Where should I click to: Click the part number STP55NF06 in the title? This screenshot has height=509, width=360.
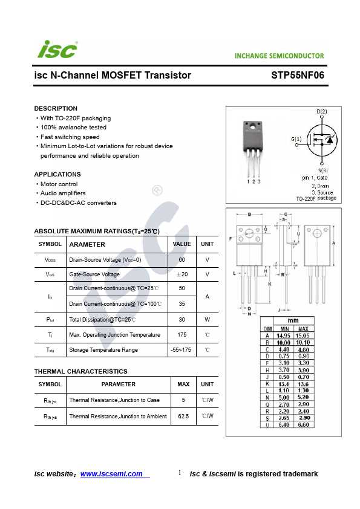click(298, 76)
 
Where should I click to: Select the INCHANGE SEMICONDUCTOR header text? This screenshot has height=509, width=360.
click(280, 56)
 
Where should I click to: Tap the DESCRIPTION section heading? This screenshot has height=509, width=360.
click(56, 108)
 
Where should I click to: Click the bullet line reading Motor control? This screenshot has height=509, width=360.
click(59, 184)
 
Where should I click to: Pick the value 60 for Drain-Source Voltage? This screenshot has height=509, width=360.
click(182, 260)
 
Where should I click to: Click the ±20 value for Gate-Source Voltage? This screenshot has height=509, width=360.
click(182, 274)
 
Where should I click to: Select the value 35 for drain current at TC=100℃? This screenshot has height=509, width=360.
click(182, 304)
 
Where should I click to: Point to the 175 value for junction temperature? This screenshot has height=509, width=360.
click(182, 334)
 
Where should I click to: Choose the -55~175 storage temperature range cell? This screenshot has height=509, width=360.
click(182, 350)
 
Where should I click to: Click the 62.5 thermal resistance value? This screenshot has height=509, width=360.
click(183, 417)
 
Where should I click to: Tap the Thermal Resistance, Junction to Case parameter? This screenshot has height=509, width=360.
click(114, 400)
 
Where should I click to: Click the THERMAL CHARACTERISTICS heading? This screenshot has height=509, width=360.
click(80, 371)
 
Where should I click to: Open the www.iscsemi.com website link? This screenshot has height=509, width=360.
click(111, 474)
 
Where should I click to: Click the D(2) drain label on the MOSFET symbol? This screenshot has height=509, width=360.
click(322, 112)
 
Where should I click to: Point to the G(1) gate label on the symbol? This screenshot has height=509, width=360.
click(296, 139)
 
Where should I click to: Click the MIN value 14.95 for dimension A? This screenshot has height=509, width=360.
click(284, 335)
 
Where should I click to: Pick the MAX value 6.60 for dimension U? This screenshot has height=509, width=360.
click(304, 425)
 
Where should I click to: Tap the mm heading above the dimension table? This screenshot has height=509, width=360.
click(293, 320)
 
